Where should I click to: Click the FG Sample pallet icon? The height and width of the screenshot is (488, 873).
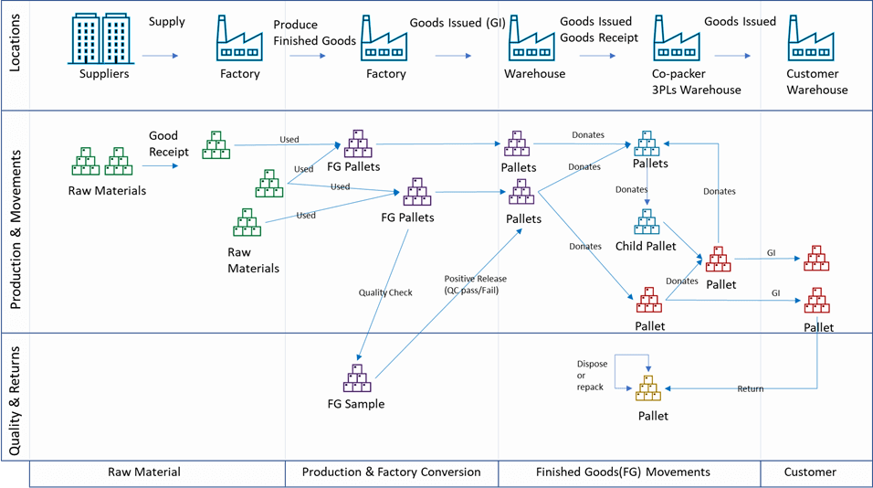(356, 377)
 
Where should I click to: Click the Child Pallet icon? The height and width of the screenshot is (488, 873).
(647, 222)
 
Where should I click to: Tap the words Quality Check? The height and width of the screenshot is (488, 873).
(385, 292)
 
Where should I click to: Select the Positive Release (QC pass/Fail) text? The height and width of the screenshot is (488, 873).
(475, 284)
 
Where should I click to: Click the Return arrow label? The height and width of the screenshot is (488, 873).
(751, 388)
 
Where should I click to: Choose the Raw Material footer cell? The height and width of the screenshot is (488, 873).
(144, 472)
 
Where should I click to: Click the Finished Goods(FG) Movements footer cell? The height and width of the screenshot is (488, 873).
(629, 472)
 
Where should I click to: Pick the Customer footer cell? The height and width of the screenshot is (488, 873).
(810, 472)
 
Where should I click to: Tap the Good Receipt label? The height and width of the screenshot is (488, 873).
(169, 144)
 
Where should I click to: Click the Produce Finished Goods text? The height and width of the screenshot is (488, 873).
(308, 34)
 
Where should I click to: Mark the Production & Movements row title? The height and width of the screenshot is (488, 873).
(16, 222)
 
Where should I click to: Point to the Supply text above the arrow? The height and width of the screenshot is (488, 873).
(166, 21)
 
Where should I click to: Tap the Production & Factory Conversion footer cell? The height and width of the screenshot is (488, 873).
(391, 472)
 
